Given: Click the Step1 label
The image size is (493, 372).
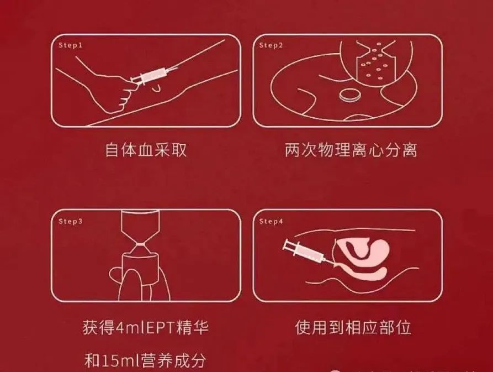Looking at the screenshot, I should [70, 45].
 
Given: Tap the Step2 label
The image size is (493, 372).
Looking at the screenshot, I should [271, 45].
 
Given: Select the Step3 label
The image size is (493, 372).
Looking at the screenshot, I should [70, 221].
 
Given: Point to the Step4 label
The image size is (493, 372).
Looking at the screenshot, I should [271, 221].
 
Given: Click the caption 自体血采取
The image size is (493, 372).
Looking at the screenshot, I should [146, 150].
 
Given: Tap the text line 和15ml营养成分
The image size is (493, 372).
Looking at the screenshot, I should [146, 360].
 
